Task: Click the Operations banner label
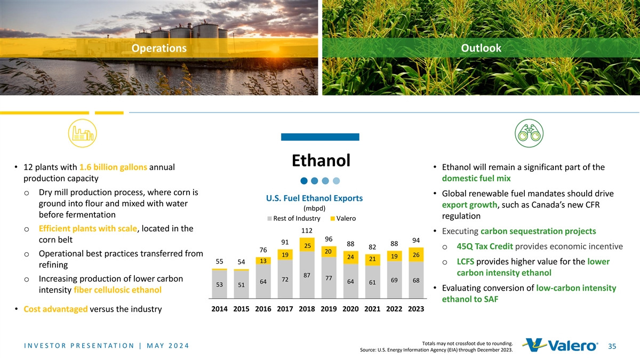pos(159,49)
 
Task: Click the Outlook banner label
pos(481,49)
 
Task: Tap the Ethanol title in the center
pos(321,160)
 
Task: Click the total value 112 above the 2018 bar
pos(307,231)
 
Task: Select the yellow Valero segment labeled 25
pos(307,246)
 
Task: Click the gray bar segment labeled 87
pos(307,275)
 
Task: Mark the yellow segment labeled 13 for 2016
pos(262,261)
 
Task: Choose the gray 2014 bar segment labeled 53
pos(219,284)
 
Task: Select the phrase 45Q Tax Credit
pos(485,246)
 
